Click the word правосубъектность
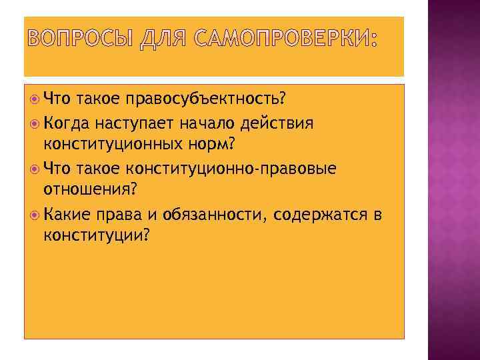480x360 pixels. point(206,101)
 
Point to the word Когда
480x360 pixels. point(66,123)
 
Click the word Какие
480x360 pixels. point(65,214)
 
